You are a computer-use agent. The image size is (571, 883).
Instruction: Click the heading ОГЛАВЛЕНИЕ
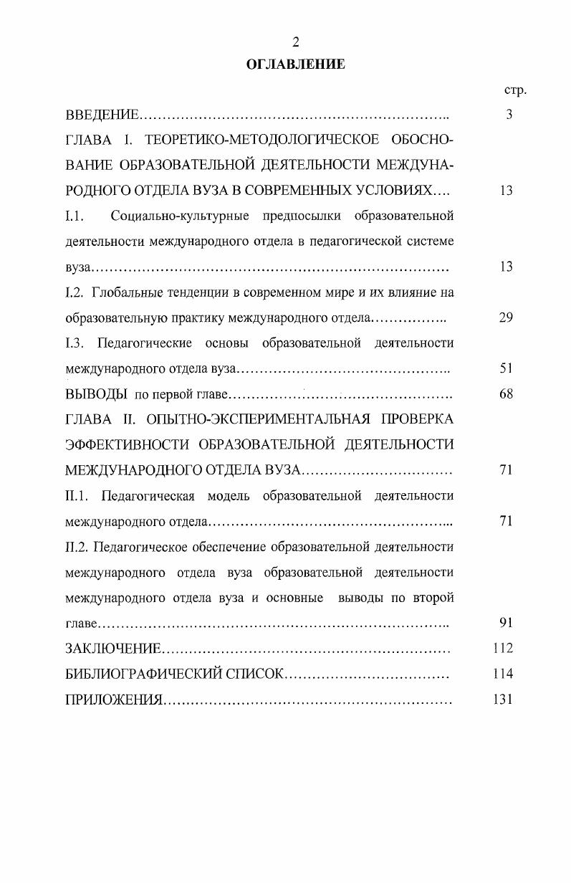click(x=295, y=65)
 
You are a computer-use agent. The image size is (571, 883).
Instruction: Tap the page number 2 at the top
click(x=295, y=42)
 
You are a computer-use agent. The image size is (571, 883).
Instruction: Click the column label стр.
click(x=515, y=90)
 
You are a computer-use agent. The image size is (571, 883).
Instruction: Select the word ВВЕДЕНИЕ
click(x=102, y=115)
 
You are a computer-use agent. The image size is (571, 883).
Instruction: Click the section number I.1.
click(x=75, y=216)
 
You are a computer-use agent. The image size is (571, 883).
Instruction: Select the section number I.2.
click(x=75, y=292)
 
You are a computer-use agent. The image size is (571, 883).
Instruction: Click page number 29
click(x=506, y=318)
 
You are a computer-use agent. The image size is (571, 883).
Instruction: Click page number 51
click(x=506, y=368)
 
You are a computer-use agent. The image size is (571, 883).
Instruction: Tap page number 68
click(x=506, y=393)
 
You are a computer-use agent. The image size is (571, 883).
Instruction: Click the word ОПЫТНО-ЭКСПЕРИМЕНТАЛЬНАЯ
click(x=269, y=419)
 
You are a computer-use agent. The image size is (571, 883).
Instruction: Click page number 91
click(x=506, y=623)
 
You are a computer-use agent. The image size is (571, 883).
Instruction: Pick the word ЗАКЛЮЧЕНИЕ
click(x=112, y=649)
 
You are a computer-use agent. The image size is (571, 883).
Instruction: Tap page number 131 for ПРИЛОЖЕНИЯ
click(x=503, y=700)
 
